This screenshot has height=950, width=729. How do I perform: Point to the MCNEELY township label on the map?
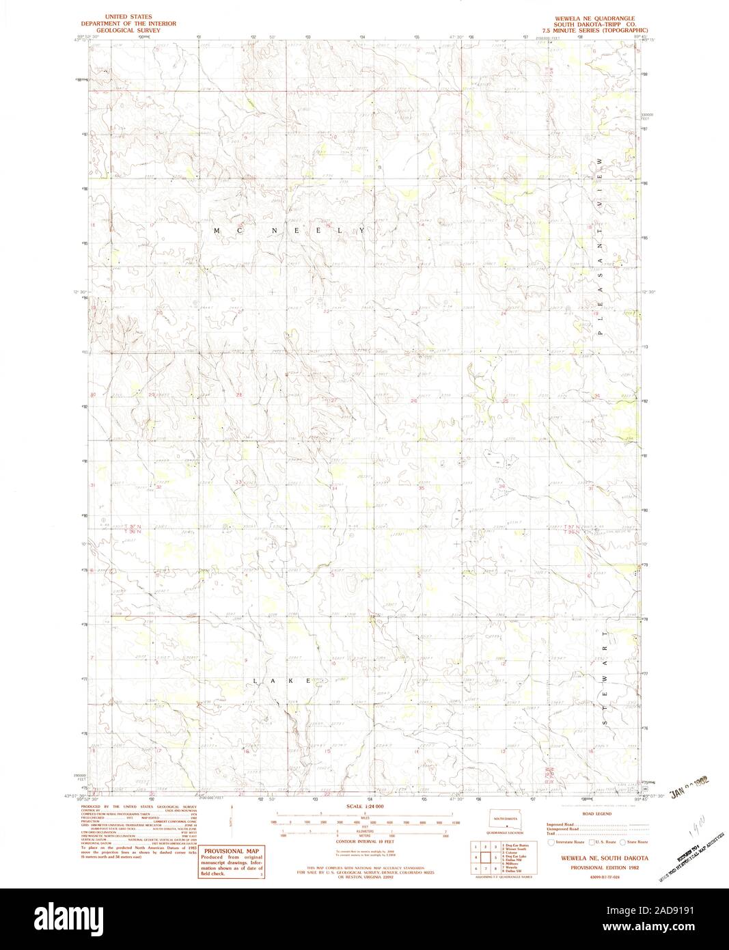tap(290, 232)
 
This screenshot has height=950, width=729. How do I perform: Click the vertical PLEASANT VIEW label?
tap(601, 246)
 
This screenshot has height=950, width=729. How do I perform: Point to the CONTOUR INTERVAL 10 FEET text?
tap(362, 842)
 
